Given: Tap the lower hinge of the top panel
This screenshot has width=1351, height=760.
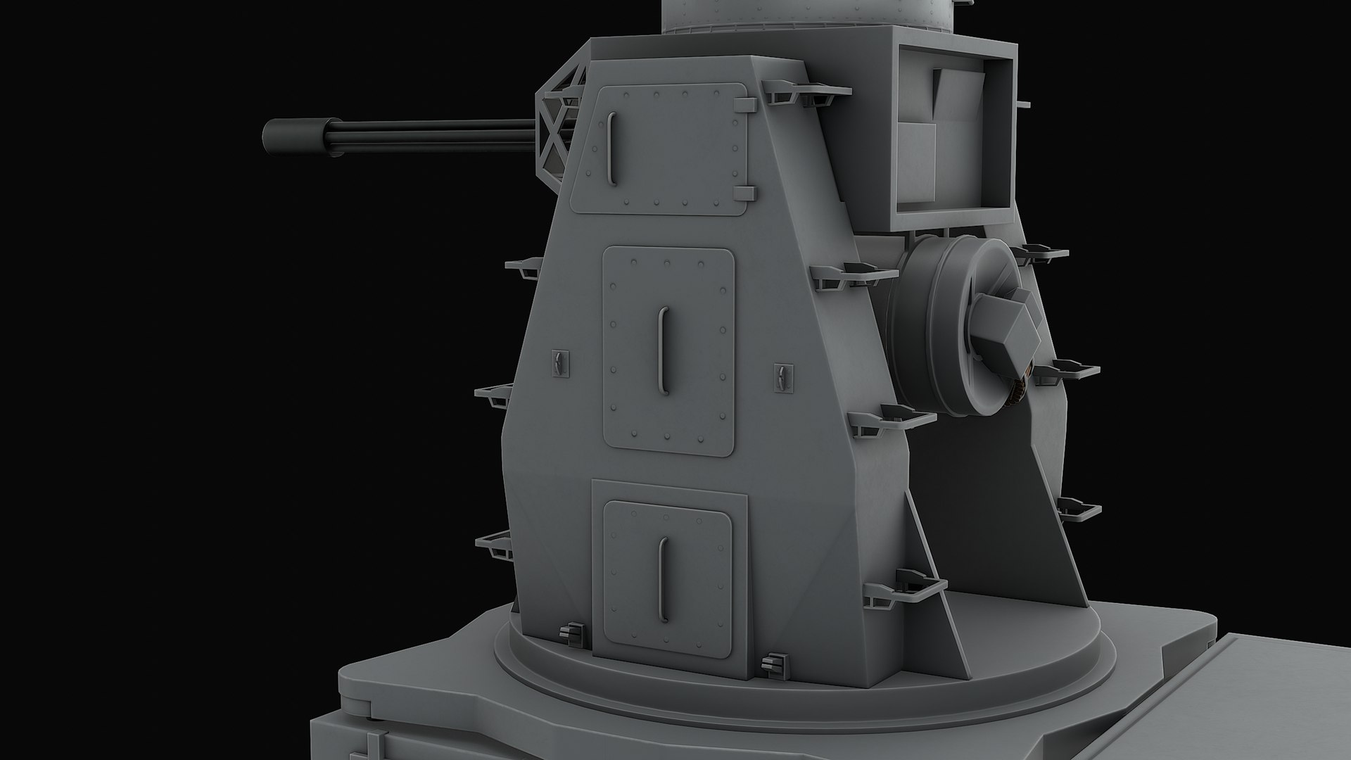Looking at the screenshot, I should pyautogui.click(x=746, y=193).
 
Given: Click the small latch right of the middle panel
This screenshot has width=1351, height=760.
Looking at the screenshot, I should pyautogui.click(x=782, y=378).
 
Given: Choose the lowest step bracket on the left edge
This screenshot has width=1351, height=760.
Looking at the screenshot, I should pyautogui.click(x=496, y=545).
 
